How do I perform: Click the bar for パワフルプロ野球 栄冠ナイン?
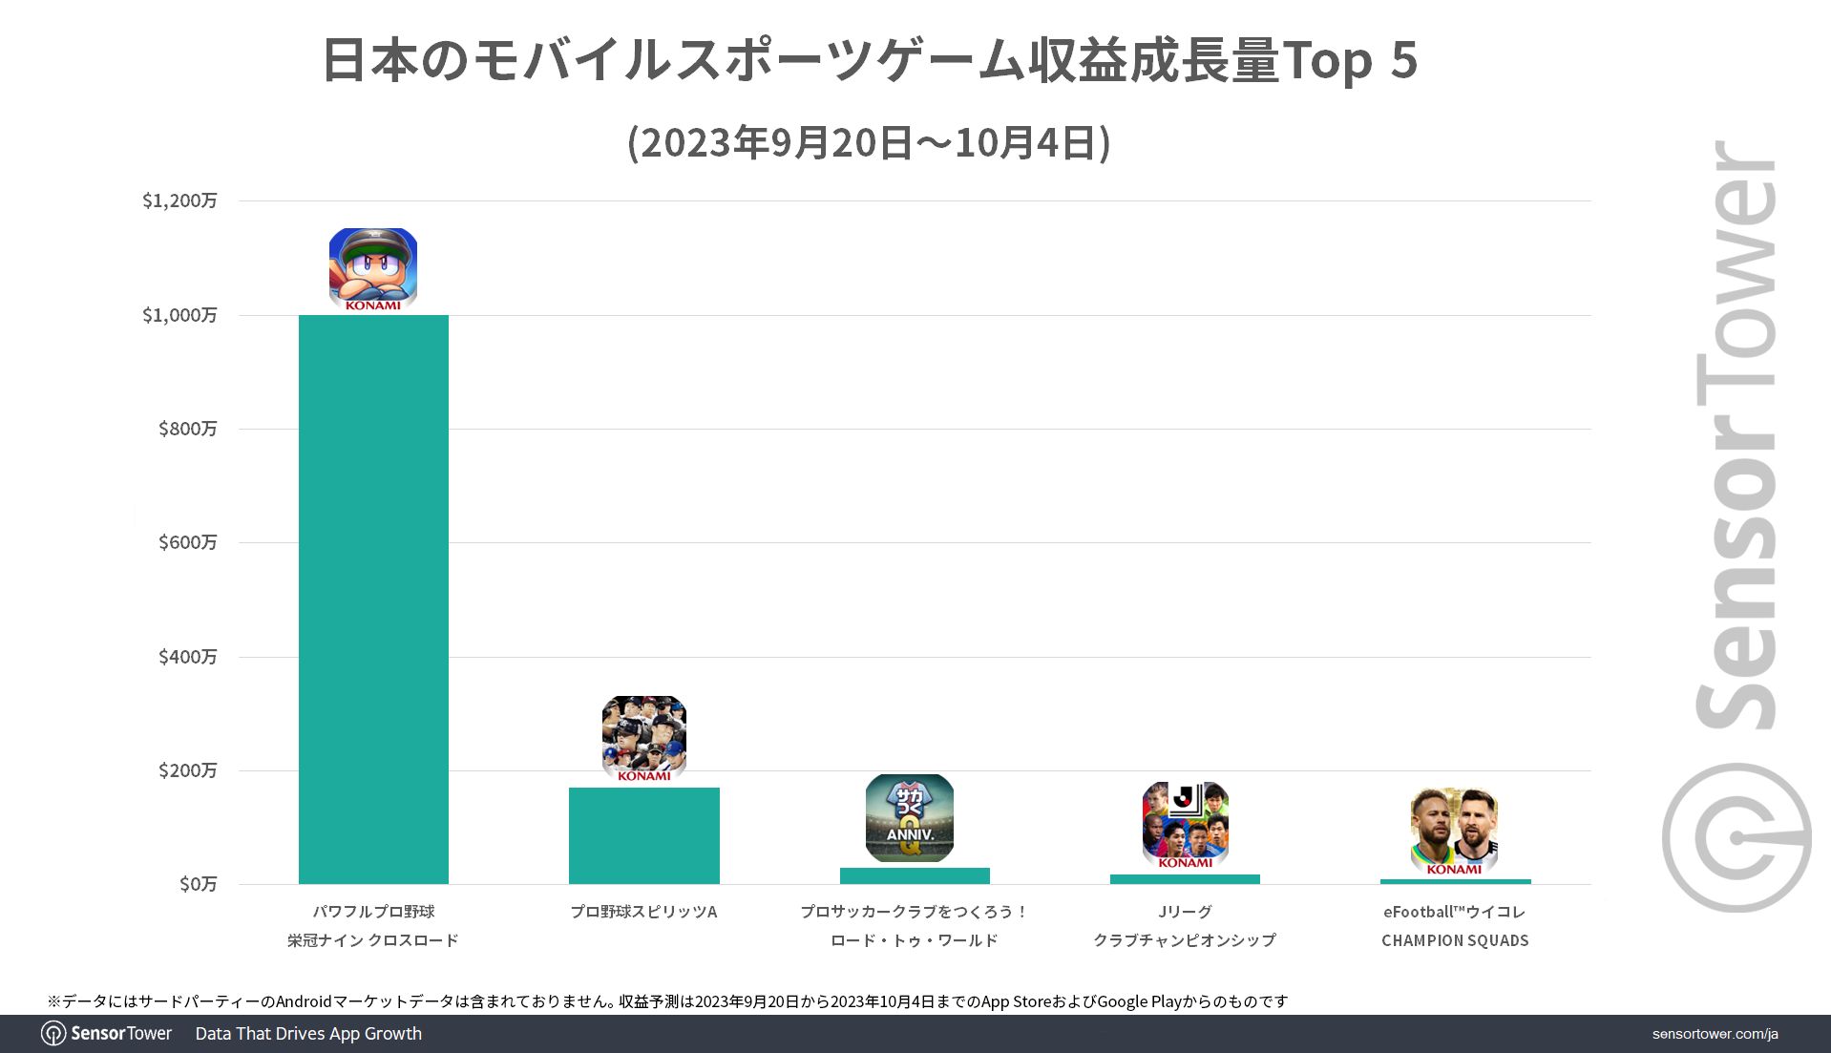(373, 600)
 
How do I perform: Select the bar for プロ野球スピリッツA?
(643, 835)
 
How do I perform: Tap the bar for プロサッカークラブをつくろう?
(915, 875)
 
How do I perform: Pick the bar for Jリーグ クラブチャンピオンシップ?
(1185, 879)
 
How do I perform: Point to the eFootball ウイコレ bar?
(1455, 881)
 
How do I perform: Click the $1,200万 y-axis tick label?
(179, 200)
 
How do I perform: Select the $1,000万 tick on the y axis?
(179, 315)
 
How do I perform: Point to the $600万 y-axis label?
(187, 542)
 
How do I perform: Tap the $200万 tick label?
(187, 770)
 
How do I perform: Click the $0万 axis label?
(198, 884)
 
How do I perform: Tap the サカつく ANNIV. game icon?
(910, 818)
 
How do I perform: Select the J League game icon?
(1185, 825)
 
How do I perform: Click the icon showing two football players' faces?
(1454, 831)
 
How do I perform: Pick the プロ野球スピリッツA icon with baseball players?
(644, 738)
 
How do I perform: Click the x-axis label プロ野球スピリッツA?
(643, 912)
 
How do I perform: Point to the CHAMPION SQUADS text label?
(1455, 940)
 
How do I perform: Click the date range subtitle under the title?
(869, 143)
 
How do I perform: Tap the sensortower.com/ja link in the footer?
(1715, 1034)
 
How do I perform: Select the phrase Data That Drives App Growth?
(308, 1034)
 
